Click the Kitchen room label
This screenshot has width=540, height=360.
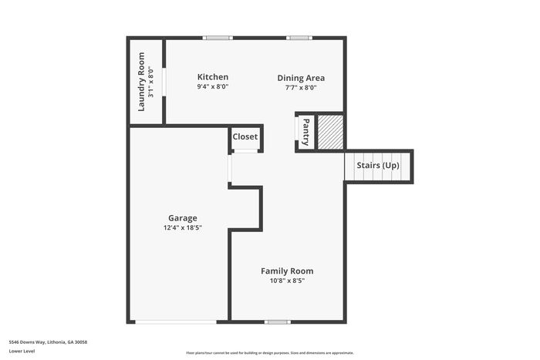pyautogui.click(x=212, y=77)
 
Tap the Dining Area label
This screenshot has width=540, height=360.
pyautogui.click(x=301, y=78)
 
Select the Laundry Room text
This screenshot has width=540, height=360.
pyautogui.click(x=141, y=82)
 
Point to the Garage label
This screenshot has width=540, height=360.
pyautogui.click(x=183, y=218)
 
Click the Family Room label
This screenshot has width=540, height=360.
pyautogui.click(x=287, y=271)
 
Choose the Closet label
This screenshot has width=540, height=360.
pyautogui.click(x=245, y=136)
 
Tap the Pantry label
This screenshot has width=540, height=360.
pyautogui.click(x=305, y=132)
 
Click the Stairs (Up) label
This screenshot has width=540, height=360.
pyautogui.click(x=378, y=165)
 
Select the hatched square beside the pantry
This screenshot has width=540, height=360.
pyautogui.click(x=330, y=132)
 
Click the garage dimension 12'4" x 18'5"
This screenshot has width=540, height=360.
pyautogui.click(x=183, y=227)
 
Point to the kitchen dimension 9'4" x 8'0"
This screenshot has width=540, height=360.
pyautogui.click(x=212, y=86)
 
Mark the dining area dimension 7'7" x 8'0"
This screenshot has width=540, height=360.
pyautogui.click(x=301, y=87)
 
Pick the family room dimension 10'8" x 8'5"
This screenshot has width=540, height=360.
pyautogui.click(x=287, y=281)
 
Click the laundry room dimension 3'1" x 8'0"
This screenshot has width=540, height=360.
pyautogui.click(x=151, y=82)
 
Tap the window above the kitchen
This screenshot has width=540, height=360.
pyautogui.click(x=218, y=38)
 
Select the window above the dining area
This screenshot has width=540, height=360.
pyautogui.click(x=299, y=38)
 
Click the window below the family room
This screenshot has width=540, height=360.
pyautogui.click(x=278, y=322)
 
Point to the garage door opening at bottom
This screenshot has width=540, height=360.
pyautogui.click(x=176, y=322)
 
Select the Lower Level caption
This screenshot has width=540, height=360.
pyautogui.click(x=22, y=351)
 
